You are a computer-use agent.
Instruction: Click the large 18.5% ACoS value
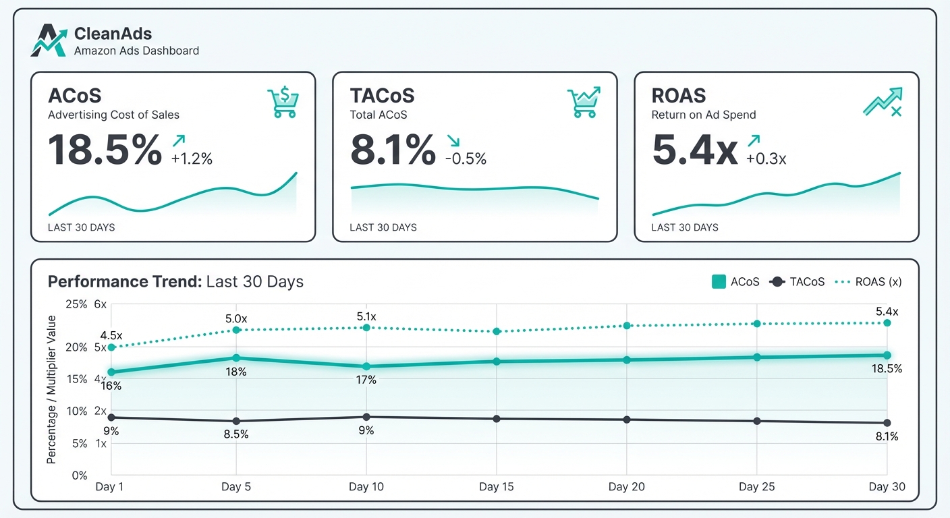(x=105, y=150)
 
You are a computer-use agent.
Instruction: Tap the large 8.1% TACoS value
(x=393, y=150)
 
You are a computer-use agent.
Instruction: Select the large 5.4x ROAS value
(x=695, y=150)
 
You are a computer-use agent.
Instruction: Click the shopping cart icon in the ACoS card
(x=283, y=103)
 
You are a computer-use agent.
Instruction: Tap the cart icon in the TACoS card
(x=583, y=103)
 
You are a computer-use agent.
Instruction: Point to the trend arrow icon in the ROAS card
(x=883, y=102)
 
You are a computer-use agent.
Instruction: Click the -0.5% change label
(x=466, y=159)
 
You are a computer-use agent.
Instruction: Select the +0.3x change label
(x=766, y=159)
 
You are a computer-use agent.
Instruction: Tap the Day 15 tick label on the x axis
(x=497, y=487)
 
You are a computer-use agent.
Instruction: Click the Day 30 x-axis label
(x=887, y=487)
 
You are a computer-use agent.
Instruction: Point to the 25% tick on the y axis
(x=76, y=304)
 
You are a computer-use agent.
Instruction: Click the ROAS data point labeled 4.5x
(x=111, y=347)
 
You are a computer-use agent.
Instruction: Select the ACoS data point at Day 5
(x=236, y=358)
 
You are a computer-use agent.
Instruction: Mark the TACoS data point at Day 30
(x=887, y=423)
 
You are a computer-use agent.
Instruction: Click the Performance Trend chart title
(x=175, y=282)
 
